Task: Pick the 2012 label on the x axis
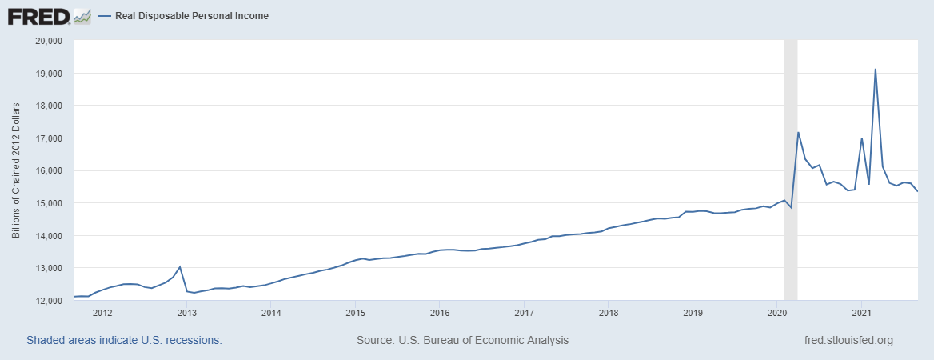pos(102,313)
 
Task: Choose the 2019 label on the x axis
pos(693,313)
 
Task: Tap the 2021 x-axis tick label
pos(861,313)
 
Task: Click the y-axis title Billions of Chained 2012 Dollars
pos(16,170)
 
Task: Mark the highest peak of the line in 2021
pos(876,70)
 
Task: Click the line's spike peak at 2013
pos(180,266)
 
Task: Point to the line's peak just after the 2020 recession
pos(799,132)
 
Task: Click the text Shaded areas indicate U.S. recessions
pos(124,340)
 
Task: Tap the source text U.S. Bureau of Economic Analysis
pos(462,340)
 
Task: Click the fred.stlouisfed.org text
pos(848,340)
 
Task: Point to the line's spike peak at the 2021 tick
pos(861,138)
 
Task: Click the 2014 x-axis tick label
pos(271,313)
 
